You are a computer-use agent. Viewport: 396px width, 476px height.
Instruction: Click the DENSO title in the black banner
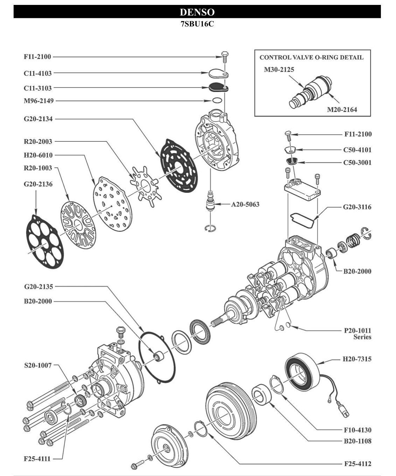point(197,12)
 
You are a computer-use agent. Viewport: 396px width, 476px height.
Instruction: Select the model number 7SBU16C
point(197,24)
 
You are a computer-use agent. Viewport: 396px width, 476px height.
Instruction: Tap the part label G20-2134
point(38,119)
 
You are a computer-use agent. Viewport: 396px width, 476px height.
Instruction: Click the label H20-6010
point(38,155)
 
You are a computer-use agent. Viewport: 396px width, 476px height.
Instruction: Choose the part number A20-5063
point(245,204)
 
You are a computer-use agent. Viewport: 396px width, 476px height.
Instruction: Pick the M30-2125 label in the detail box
point(279,70)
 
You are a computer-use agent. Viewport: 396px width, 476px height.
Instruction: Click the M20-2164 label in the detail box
point(342,110)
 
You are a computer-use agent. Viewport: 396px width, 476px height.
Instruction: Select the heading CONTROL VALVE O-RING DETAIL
point(311,57)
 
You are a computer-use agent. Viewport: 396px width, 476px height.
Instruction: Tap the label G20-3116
point(357,207)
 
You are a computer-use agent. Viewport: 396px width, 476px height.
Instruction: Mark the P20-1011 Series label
point(357,334)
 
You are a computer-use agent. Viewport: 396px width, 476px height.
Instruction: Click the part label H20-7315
point(357,359)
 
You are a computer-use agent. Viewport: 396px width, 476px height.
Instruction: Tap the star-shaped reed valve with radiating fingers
point(145,183)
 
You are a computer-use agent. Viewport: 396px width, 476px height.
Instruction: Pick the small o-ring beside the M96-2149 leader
point(217,101)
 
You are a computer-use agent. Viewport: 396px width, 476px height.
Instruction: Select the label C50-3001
point(357,162)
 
